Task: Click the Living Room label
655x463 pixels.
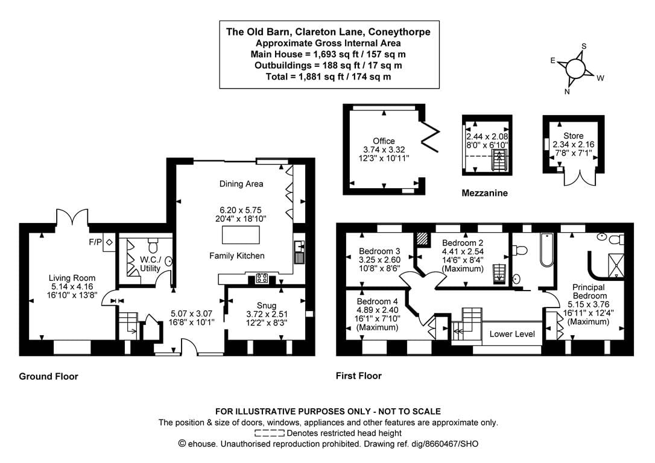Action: [72, 278]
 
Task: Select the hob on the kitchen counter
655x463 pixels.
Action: [263, 278]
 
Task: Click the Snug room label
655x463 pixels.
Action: [266, 304]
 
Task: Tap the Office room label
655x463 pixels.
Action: [384, 141]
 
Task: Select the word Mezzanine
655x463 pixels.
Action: [484, 194]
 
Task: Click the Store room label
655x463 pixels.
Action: [574, 136]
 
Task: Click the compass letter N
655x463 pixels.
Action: [567, 92]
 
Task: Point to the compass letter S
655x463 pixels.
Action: [584, 46]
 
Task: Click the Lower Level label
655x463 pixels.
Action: [512, 333]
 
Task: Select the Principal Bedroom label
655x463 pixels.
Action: [589, 292]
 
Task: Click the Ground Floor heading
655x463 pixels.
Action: [49, 376]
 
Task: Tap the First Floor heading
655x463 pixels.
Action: [358, 376]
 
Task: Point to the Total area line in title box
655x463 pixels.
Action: [328, 77]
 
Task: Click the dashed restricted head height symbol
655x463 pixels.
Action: [270, 433]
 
